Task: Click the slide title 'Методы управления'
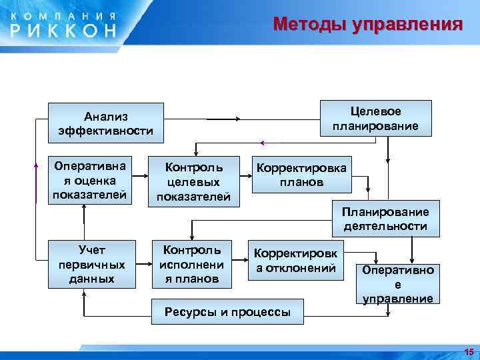(367, 25)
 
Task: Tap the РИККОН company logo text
(63, 29)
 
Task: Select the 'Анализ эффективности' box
(106, 123)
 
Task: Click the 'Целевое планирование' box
(376, 118)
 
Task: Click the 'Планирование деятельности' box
(385, 219)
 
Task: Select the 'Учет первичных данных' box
(91, 263)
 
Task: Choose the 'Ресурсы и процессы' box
(227, 311)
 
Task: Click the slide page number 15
(468, 351)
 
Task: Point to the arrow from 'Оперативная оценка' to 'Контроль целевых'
(140, 177)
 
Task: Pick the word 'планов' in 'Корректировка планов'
(301, 182)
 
